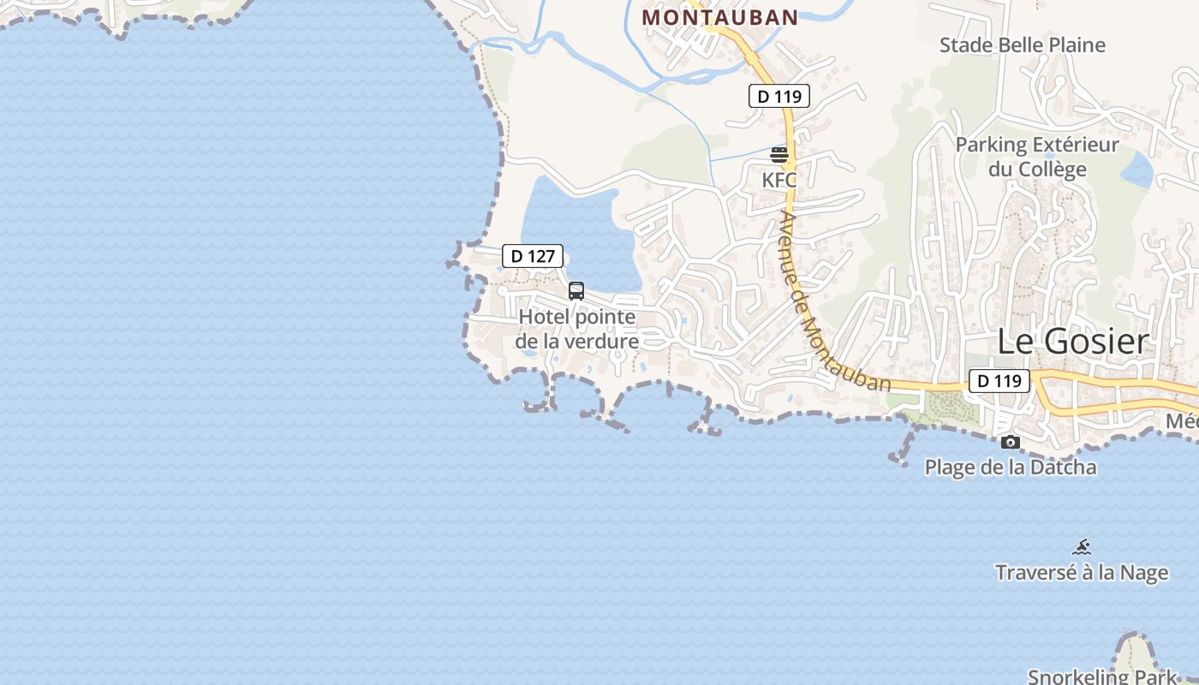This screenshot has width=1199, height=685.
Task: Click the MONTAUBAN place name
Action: click(x=719, y=17)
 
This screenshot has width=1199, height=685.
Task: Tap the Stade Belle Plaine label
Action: click(x=1022, y=45)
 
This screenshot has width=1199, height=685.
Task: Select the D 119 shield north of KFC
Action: click(x=779, y=97)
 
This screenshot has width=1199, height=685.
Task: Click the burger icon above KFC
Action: click(x=779, y=155)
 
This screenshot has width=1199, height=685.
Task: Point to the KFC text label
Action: click(x=779, y=180)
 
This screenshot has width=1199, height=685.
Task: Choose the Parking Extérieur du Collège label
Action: click(x=1037, y=157)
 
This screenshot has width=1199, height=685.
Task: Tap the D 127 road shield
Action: click(x=533, y=255)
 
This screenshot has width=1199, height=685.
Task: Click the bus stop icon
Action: click(x=576, y=291)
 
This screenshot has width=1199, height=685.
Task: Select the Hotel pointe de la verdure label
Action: click(x=577, y=329)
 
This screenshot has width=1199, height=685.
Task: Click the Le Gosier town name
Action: click(x=1071, y=342)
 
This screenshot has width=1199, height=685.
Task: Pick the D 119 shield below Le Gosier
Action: click(x=999, y=381)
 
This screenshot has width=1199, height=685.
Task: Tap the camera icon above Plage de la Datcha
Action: click(x=1011, y=443)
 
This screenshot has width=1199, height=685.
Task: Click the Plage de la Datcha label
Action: click(x=1010, y=468)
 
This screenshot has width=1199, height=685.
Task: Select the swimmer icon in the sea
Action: click(x=1082, y=547)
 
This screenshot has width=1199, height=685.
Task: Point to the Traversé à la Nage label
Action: click(x=1081, y=572)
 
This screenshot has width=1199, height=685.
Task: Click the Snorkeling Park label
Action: click(x=1103, y=676)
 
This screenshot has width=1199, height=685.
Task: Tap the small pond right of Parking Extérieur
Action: click(x=1136, y=170)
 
